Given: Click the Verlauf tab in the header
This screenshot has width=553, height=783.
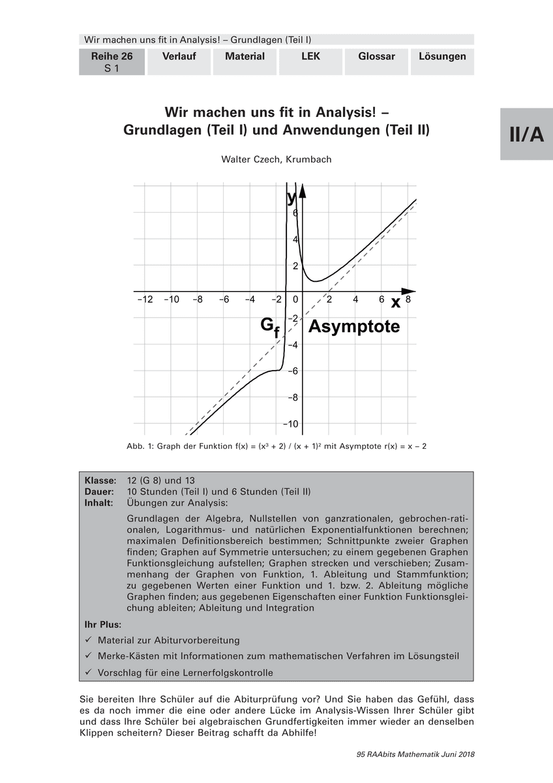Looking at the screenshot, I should click(x=179, y=57).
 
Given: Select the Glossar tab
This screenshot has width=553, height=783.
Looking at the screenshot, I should click(x=376, y=57).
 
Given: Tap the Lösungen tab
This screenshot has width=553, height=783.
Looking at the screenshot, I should click(x=442, y=57).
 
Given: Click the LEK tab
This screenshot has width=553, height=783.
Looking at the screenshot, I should click(x=310, y=57).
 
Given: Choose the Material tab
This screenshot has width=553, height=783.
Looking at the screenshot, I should click(x=245, y=57).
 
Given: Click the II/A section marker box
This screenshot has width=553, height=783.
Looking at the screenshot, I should click(x=526, y=134).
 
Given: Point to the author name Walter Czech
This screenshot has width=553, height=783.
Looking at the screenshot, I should click(x=276, y=159).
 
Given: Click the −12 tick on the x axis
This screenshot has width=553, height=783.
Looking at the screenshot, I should click(x=145, y=299).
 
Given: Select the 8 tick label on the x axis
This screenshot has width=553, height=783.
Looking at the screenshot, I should click(x=408, y=299).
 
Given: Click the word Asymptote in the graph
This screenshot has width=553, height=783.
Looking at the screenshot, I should click(x=353, y=326).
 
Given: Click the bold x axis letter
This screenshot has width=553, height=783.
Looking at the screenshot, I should click(x=395, y=302).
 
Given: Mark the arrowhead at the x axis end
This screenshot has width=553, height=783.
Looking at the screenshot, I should click(x=408, y=291).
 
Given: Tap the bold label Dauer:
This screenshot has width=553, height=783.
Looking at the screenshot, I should click(x=101, y=491).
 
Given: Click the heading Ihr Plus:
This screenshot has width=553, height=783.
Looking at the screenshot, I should click(x=103, y=624).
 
